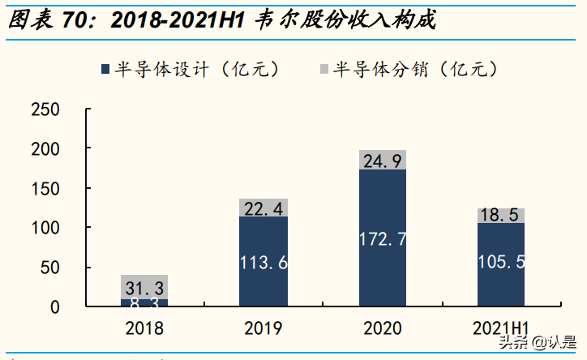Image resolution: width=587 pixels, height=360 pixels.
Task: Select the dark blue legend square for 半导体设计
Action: (x=103, y=69)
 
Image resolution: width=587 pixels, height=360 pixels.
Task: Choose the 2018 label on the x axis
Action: (x=144, y=328)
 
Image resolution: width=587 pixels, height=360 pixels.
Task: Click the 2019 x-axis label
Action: (x=264, y=328)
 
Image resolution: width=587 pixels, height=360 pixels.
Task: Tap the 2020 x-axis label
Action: (x=382, y=328)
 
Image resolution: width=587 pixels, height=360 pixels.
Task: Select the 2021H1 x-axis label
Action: (x=501, y=328)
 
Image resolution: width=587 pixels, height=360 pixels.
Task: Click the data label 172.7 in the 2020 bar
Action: (x=383, y=239)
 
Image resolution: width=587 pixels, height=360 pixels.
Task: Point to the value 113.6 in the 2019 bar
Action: (x=264, y=263)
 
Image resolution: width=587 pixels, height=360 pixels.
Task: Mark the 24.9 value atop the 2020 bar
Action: (x=383, y=161)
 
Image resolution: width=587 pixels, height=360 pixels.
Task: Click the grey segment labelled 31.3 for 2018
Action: (x=144, y=287)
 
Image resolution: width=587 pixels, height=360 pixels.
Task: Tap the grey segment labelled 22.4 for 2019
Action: (x=264, y=208)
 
